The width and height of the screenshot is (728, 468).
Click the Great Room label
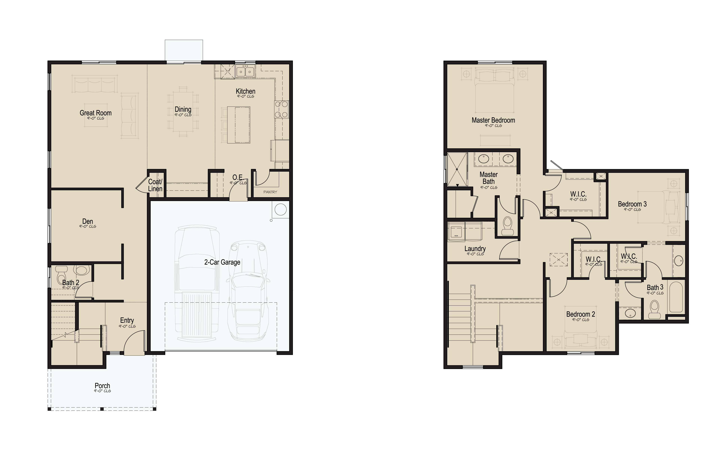click(x=95, y=113)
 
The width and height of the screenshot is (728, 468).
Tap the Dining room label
click(x=183, y=109)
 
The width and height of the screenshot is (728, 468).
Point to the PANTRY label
click(x=270, y=192)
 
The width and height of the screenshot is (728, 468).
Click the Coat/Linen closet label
click(x=155, y=185)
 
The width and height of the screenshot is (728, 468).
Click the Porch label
click(x=102, y=386)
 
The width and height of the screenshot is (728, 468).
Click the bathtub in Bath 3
click(x=676, y=296)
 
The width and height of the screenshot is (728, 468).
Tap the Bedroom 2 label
click(x=580, y=314)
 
